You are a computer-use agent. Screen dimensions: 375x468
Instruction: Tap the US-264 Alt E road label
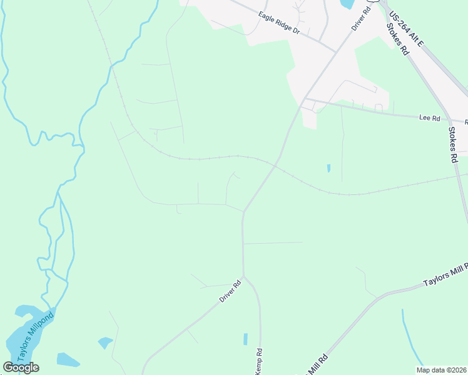(x=406, y=29)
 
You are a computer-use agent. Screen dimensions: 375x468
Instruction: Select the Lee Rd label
(x=429, y=118)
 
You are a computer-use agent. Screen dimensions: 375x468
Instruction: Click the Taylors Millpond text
(x=36, y=336)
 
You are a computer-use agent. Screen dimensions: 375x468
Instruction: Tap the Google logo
(x=21, y=367)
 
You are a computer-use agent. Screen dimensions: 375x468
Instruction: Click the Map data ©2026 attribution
(x=441, y=369)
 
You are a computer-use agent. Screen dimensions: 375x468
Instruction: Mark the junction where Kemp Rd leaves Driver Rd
(x=243, y=276)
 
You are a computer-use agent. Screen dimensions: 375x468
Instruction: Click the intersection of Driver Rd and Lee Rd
(x=305, y=99)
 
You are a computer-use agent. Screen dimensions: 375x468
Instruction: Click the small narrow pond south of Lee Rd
(x=328, y=169)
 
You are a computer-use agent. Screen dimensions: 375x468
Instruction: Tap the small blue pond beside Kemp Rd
(x=245, y=339)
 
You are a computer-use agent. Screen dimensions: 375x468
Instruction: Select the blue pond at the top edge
(x=345, y=4)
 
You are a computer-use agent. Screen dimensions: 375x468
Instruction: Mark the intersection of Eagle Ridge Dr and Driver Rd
(x=336, y=51)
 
